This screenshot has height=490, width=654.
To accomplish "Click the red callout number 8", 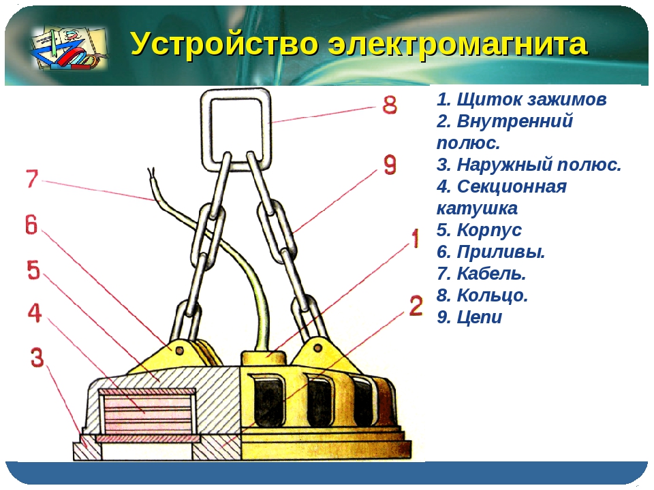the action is (x=390, y=105).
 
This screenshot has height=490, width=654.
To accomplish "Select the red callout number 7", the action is (x=32, y=179).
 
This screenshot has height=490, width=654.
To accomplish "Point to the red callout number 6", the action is (x=31, y=225).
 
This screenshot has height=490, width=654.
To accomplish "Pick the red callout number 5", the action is (x=34, y=270).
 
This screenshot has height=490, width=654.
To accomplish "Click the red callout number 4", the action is (x=35, y=313).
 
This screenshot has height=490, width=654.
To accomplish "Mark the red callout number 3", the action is (x=37, y=357).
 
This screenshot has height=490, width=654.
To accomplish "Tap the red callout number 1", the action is (x=415, y=239).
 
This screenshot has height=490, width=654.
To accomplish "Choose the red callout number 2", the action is (x=416, y=306).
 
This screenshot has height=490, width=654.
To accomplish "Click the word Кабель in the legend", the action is (x=491, y=274).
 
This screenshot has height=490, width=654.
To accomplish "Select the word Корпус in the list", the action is (x=489, y=231).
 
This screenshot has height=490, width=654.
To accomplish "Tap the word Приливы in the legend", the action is (x=501, y=252).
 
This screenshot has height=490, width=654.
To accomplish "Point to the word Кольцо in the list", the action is (x=493, y=295).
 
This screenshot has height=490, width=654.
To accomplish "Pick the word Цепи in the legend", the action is (x=480, y=317).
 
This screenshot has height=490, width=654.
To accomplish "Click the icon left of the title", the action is (x=69, y=47).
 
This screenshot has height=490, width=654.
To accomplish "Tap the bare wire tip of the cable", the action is (x=151, y=171).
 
